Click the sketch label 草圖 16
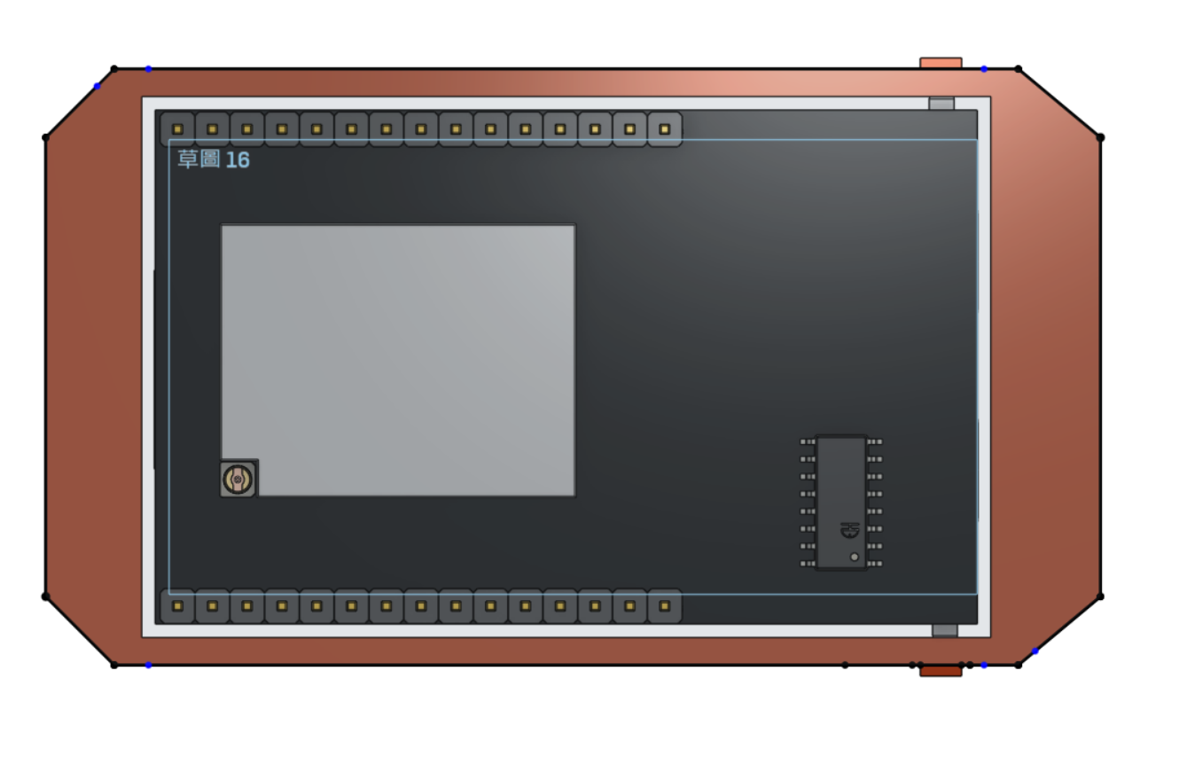pos(214,160)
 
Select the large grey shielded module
pos(398,361)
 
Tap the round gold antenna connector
pos(238,480)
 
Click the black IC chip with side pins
pos(841,503)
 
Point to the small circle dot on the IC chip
pos(855,557)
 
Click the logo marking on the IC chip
pos(850,530)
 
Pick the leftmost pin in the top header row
pos(177,129)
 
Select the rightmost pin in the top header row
pos(665,129)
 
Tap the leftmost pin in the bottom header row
pos(177,606)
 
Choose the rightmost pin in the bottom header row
pos(665,606)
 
